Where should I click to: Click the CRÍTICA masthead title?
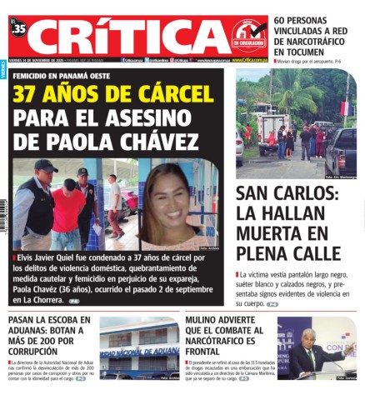pyautogui.click(x=125, y=37)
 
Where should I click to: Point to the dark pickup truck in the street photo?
pyautogui.click(x=341, y=150)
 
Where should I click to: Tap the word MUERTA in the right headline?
pyautogui.click(x=277, y=233)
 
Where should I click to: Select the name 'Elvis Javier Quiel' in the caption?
pyautogui.click(x=47, y=258)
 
